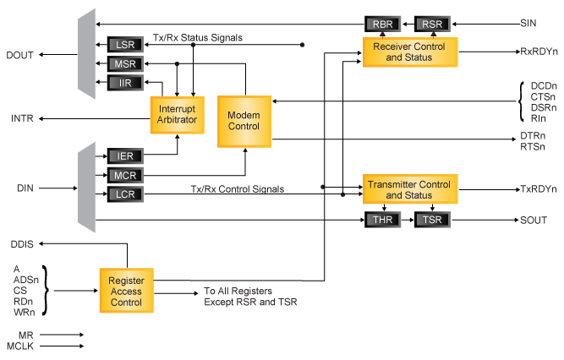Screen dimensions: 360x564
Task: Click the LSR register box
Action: pos(126,45)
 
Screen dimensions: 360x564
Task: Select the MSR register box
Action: pos(126,64)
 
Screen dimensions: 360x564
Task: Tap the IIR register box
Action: pos(126,83)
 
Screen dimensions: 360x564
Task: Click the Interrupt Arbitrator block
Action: pos(177,115)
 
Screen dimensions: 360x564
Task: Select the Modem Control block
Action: pos(244,121)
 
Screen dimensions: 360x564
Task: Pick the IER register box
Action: pos(126,156)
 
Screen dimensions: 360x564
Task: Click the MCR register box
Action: pos(126,176)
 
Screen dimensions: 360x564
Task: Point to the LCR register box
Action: pos(126,194)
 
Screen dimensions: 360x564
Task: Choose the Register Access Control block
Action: pos(127,291)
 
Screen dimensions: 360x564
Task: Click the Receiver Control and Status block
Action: pos(409,52)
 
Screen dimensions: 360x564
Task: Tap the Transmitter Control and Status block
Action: pos(409,190)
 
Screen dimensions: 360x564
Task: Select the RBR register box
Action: pos(383,25)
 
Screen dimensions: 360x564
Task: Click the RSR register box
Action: pos(432,25)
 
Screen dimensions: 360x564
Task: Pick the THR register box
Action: pos(383,221)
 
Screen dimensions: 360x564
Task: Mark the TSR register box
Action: pos(433,221)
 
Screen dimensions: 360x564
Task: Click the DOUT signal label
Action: pos(20,56)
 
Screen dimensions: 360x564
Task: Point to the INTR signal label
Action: pos(23,117)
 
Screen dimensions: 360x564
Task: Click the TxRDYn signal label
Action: pos(539,189)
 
